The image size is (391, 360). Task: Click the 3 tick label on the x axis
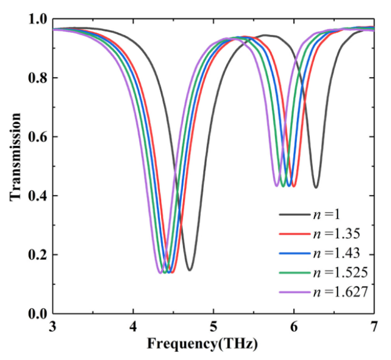pos(53,327)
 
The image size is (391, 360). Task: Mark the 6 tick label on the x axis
pos(294,327)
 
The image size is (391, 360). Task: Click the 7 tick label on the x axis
pos(374,327)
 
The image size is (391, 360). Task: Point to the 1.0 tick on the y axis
pos(38,20)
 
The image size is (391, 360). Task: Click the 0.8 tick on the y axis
pos(38,78)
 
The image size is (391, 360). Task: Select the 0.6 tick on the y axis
pos(38,137)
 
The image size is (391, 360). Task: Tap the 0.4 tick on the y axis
pos(38,196)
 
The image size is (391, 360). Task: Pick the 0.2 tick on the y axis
pos(38,255)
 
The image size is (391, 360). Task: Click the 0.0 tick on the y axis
pos(38,314)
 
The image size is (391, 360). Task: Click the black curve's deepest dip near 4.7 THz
pos(190,270)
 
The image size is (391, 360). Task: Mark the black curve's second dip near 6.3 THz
pos(316,188)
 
